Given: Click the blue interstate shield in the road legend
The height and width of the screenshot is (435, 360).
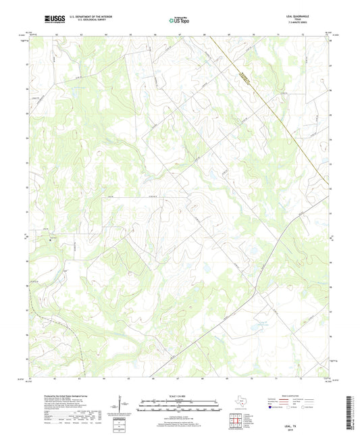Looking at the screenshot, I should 274,407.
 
